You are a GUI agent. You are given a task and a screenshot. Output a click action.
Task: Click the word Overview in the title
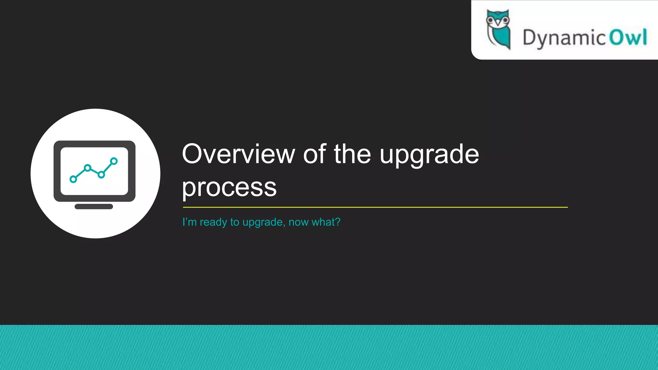coord(238,154)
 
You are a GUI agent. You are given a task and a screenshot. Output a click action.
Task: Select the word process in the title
coord(229,188)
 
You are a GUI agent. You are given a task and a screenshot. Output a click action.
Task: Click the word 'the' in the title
coord(352,154)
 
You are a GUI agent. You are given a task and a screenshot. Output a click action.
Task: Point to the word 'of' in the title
coord(315,154)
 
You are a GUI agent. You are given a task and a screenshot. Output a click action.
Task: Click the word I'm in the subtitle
coord(189,222)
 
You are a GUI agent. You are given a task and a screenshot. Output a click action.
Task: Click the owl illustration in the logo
coord(498,30)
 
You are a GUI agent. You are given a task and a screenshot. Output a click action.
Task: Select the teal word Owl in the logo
coord(628,37)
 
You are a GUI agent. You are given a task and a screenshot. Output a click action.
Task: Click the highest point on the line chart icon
coord(114,161)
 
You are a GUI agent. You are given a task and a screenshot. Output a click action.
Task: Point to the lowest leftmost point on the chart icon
coord(73,179)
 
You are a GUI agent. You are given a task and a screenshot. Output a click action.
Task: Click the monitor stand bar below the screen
coord(94,207)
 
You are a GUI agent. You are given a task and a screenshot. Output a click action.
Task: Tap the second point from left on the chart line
coord(87,168)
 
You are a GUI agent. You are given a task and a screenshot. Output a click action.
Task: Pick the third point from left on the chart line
coord(101,175)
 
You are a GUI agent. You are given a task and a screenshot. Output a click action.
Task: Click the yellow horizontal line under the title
coord(375,207)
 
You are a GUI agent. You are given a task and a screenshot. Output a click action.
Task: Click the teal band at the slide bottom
coord(329,348)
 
